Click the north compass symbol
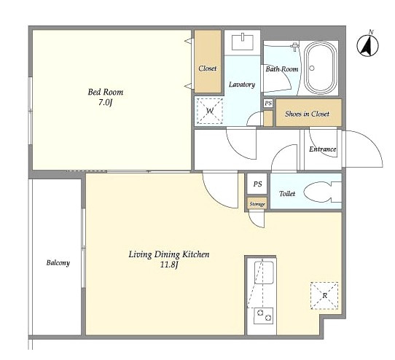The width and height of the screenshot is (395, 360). [367, 45]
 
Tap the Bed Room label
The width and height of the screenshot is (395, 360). [106, 92]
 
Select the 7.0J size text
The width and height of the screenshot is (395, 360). [105, 103]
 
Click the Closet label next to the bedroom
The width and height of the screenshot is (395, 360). [208, 69]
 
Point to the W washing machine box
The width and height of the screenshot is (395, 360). [210, 111]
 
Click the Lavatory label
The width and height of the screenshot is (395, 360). [242, 85]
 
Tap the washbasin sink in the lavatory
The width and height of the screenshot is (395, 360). [243, 42]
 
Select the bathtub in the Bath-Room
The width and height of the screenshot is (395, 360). [321, 68]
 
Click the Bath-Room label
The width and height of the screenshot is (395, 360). [282, 69]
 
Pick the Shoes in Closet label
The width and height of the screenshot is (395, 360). [307, 114]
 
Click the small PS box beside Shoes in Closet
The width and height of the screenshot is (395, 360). [268, 103]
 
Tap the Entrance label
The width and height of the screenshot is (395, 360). [323, 149]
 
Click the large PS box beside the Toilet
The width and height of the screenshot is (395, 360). [257, 184]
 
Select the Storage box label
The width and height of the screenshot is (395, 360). [257, 204]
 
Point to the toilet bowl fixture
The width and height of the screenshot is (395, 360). [322, 192]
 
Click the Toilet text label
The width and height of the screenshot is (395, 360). [287, 193]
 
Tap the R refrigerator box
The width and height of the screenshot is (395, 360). [324, 296]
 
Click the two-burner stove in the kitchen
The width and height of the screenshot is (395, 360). [264, 316]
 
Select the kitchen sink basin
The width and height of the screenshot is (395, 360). [264, 273]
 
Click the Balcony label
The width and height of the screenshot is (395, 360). [58, 263]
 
